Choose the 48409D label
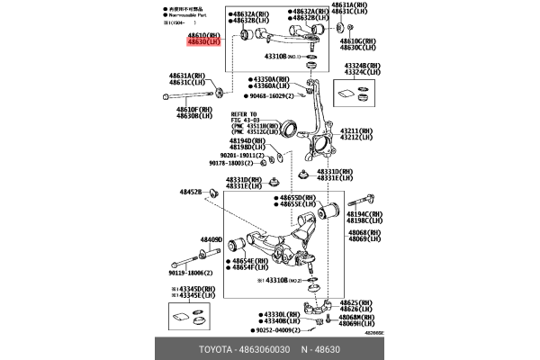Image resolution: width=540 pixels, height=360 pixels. pos(210,239)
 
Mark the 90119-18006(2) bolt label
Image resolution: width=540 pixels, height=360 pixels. pos(191,272)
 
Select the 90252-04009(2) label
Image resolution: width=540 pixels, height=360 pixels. pos(268,329)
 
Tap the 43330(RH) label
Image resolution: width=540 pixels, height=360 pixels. pos(278,313)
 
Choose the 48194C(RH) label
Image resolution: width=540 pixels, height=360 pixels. pos(364,213)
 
